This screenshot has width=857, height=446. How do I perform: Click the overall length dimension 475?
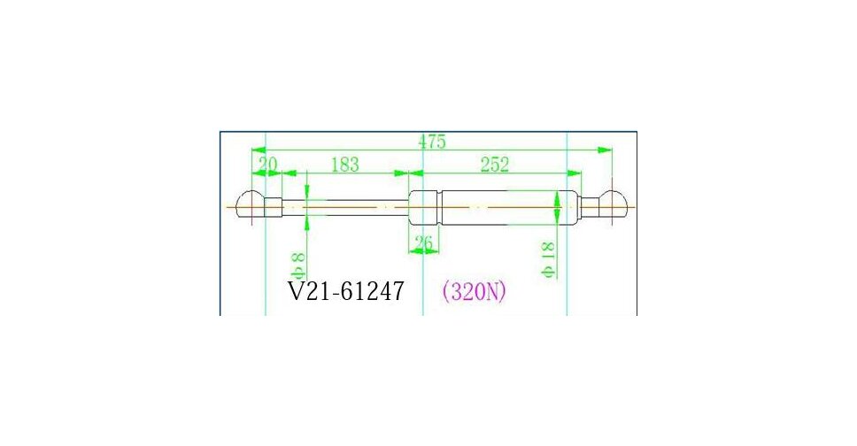point(432,142)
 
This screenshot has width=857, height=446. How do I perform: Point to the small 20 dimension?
point(266,165)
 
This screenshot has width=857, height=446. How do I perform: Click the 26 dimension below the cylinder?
point(424,242)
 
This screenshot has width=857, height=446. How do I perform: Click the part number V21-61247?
point(347,290)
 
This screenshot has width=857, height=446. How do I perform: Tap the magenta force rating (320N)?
point(474,291)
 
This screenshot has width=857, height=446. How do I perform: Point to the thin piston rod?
point(354,206)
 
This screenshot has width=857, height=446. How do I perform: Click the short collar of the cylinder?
point(423,207)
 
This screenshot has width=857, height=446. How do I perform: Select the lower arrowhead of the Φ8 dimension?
point(306,219)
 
